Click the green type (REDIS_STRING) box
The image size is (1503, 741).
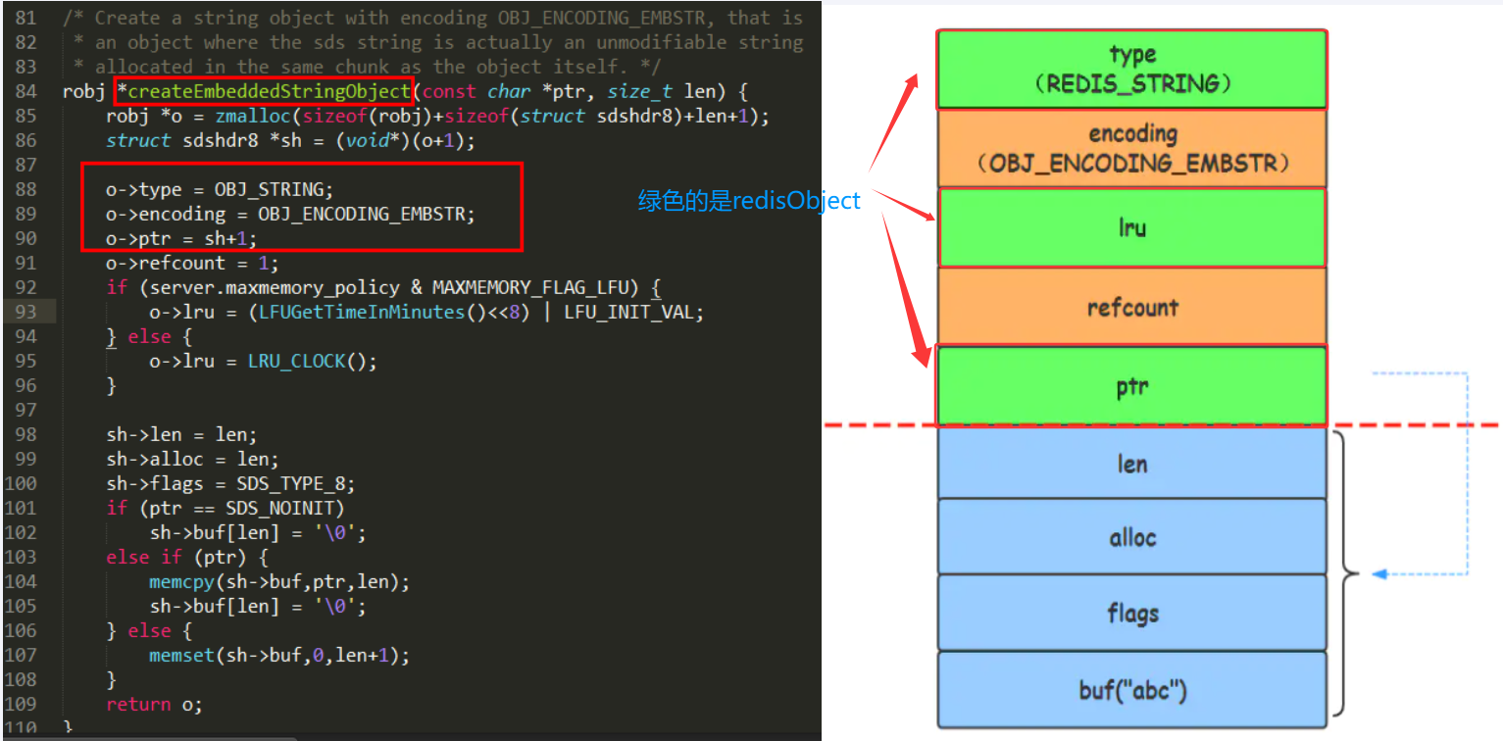pos(1131,69)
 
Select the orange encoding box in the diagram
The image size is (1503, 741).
pos(1131,148)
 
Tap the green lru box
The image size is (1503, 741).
pos(1131,227)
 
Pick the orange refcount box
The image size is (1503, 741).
pos(1131,307)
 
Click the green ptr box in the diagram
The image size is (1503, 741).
pos(1131,386)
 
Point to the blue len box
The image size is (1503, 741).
pos(1131,463)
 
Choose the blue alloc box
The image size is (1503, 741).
pos(1131,537)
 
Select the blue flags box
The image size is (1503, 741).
pos(1131,614)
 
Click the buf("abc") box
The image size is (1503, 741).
pos(1131,690)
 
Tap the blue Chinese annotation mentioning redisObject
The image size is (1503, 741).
pos(749,201)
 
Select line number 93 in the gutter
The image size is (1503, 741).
pos(25,312)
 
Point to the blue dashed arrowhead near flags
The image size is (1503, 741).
pos(1378,573)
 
